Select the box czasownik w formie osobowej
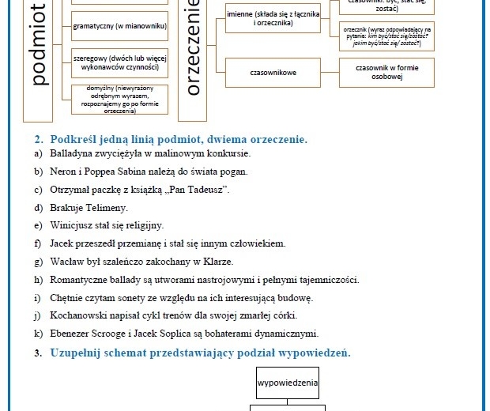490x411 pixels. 386,73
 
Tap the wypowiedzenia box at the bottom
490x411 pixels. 288,383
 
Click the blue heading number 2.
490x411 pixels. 39,139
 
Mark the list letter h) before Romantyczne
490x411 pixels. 38,280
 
